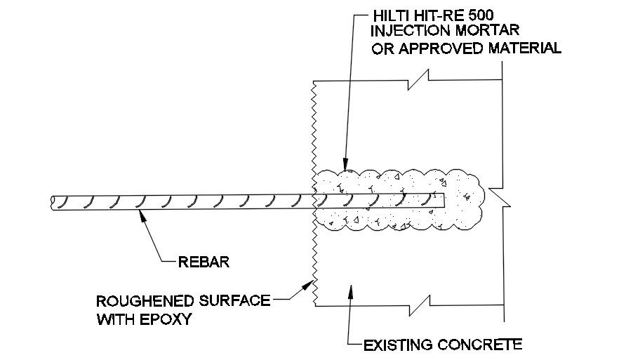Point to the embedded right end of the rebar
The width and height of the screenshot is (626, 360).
[x=444, y=199]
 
